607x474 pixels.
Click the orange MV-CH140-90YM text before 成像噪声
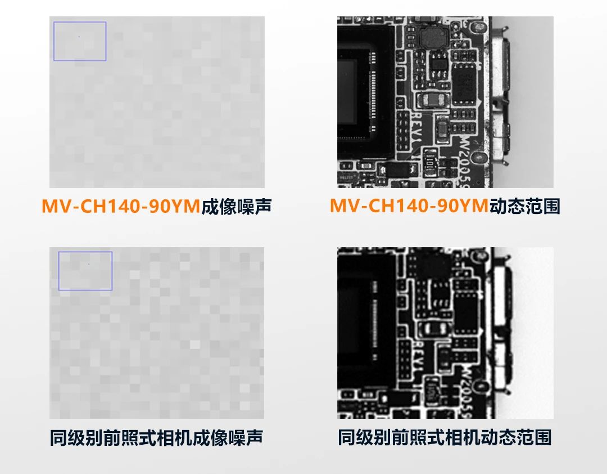(120, 207)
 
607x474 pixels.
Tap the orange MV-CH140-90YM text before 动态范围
(409, 207)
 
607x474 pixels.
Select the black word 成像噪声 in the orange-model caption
(237, 207)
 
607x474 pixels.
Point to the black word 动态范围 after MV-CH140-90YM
(525, 207)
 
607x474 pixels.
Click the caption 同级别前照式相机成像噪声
(156, 438)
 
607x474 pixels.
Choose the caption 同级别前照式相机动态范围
(445, 438)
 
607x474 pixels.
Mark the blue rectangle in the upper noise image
(80, 41)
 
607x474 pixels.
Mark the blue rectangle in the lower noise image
(85, 271)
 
